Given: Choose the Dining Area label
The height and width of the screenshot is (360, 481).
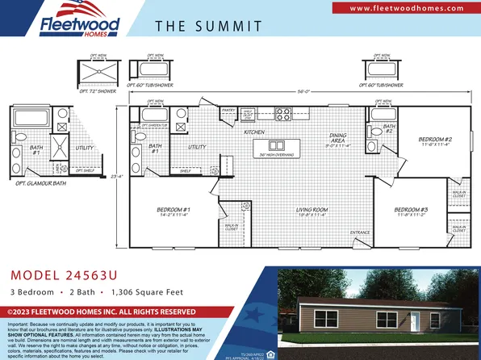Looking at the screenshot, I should (x=338, y=139).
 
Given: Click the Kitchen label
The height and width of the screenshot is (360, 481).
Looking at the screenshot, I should (x=255, y=132).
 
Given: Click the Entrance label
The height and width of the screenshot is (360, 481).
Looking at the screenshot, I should (x=360, y=232).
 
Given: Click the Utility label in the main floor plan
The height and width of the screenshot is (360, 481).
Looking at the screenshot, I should (x=197, y=147).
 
